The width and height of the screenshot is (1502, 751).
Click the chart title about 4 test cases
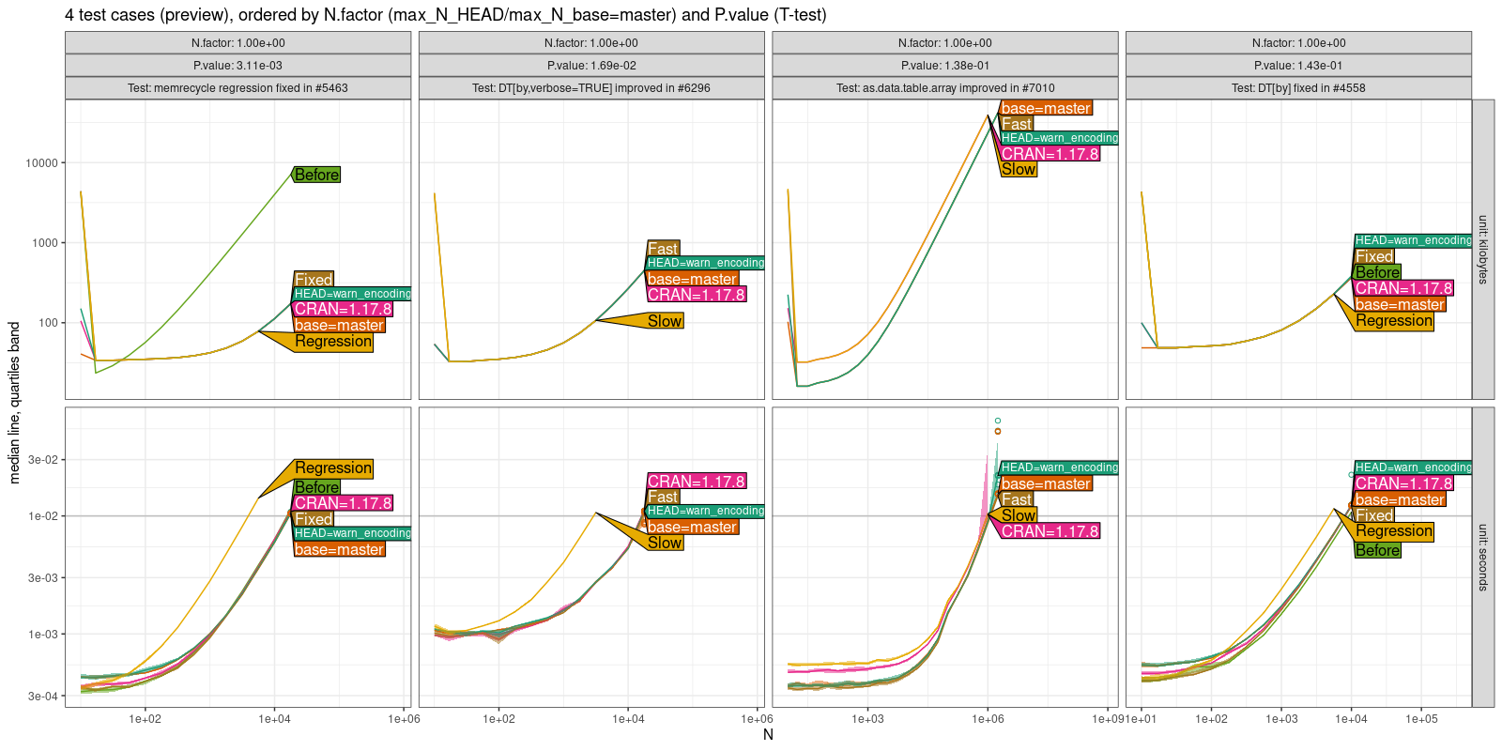click(445, 15)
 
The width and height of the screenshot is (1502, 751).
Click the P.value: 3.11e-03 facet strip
click(238, 66)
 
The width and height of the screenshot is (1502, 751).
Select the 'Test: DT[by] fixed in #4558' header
click(1298, 88)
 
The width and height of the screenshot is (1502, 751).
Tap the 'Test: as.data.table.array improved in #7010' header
click(944, 88)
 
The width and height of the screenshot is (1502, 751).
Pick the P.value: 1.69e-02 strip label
click(590, 66)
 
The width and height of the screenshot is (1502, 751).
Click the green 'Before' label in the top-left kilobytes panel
click(316, 175)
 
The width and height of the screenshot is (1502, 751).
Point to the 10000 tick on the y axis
click(41, 163)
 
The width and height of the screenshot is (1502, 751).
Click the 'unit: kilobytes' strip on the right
click(1482, 250)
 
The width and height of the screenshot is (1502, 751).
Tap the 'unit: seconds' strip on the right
click(1482, 557)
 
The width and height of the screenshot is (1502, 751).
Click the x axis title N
click(768, 735)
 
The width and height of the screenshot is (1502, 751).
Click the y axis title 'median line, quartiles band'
click(14, 403)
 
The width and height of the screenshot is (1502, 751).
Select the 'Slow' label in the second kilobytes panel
click(665, 321)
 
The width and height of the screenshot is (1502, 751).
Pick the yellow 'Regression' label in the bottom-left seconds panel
click(333, 467)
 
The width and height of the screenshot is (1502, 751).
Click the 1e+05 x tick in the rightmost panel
click(1420, 719)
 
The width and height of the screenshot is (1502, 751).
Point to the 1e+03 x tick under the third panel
click(867, 719)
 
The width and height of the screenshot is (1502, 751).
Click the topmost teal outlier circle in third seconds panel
click(998, 421)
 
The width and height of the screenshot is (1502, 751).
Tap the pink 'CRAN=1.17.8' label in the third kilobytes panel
click(1050, 154)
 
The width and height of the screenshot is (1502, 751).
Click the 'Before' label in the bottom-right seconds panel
click(1377, 551)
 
